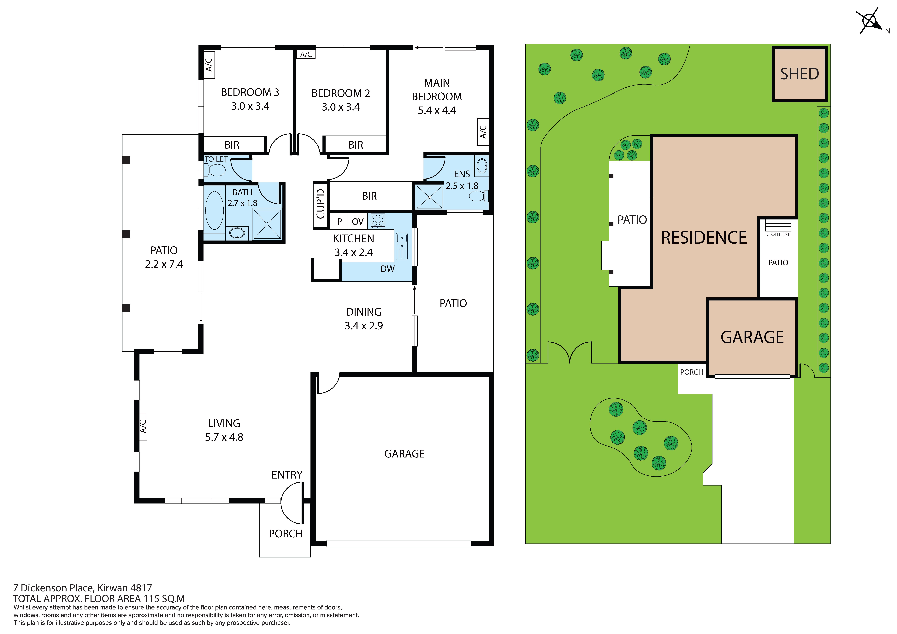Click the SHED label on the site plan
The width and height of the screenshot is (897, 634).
pyautogui.click(x=799, y=74)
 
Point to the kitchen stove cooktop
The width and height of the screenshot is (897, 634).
pyautogui.click(x=378, y=220)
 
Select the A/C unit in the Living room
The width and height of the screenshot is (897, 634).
pyautogui.click(x=143, y=427)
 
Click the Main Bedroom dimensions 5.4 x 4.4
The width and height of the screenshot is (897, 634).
pyautogui.click(x=437, y=111)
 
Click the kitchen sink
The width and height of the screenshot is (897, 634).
pyautogui.click(x=402, y=246)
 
